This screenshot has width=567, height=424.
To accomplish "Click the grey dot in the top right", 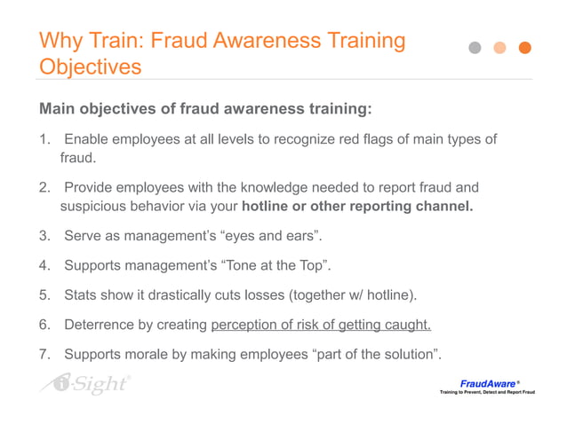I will (x=475, y=48).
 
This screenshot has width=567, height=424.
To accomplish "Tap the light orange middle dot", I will (x=500, y=48).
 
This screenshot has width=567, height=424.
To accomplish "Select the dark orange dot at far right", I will (x=525, y=48).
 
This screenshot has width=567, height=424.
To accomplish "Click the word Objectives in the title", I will (x=90, y=67).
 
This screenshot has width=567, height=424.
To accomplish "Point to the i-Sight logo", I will (x=85, y=384).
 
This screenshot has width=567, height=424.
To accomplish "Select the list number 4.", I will (x=43, y=266).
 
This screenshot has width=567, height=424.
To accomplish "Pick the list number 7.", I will (x=43, y=355).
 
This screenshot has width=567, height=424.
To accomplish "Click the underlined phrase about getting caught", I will (x=321, y=325).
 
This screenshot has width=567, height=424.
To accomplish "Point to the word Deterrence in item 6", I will (x=100, y=325).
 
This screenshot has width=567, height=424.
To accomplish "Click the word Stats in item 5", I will (x=82, y=295).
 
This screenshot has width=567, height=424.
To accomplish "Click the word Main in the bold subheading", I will (x=58, y=109).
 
